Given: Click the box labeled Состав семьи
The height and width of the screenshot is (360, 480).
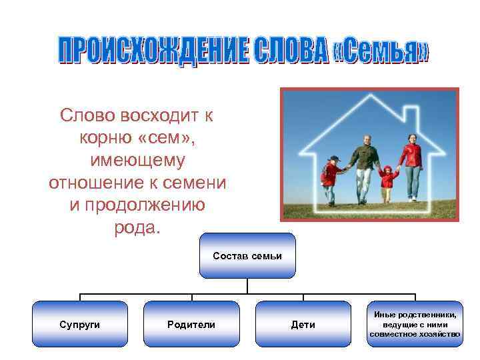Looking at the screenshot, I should (247, 256).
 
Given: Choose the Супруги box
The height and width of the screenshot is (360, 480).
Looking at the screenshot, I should (80, 324).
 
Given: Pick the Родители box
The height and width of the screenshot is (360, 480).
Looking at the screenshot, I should (191, 324).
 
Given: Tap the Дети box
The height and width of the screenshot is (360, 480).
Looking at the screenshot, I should (303, 324).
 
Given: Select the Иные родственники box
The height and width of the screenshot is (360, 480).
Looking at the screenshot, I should (415, 324).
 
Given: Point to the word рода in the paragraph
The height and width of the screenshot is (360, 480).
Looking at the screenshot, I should (135, 227).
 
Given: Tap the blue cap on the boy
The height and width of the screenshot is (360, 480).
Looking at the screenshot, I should (335, 159).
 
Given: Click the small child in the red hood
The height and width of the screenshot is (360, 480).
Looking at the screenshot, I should (387, 178).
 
